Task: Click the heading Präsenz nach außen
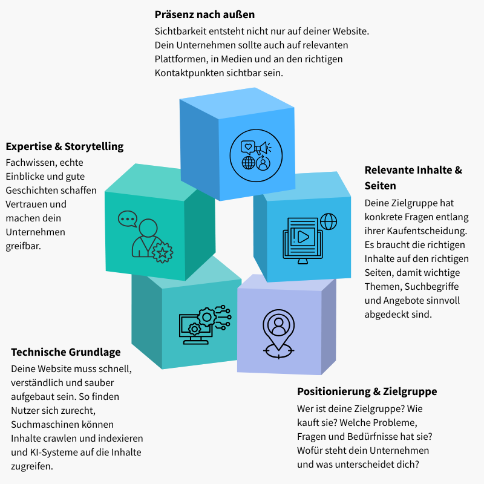point(204,14)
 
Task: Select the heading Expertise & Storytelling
point(65,146)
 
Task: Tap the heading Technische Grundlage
point(66,352)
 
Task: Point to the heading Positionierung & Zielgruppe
point(367,391)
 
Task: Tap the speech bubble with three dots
point(128,218)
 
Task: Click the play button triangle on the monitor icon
point(303,237)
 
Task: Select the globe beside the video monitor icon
point(329,221)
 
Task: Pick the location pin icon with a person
point(278,330)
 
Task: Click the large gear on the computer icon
point(207,316)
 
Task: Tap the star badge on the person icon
point(162,252)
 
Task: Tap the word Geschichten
point(30,191)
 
